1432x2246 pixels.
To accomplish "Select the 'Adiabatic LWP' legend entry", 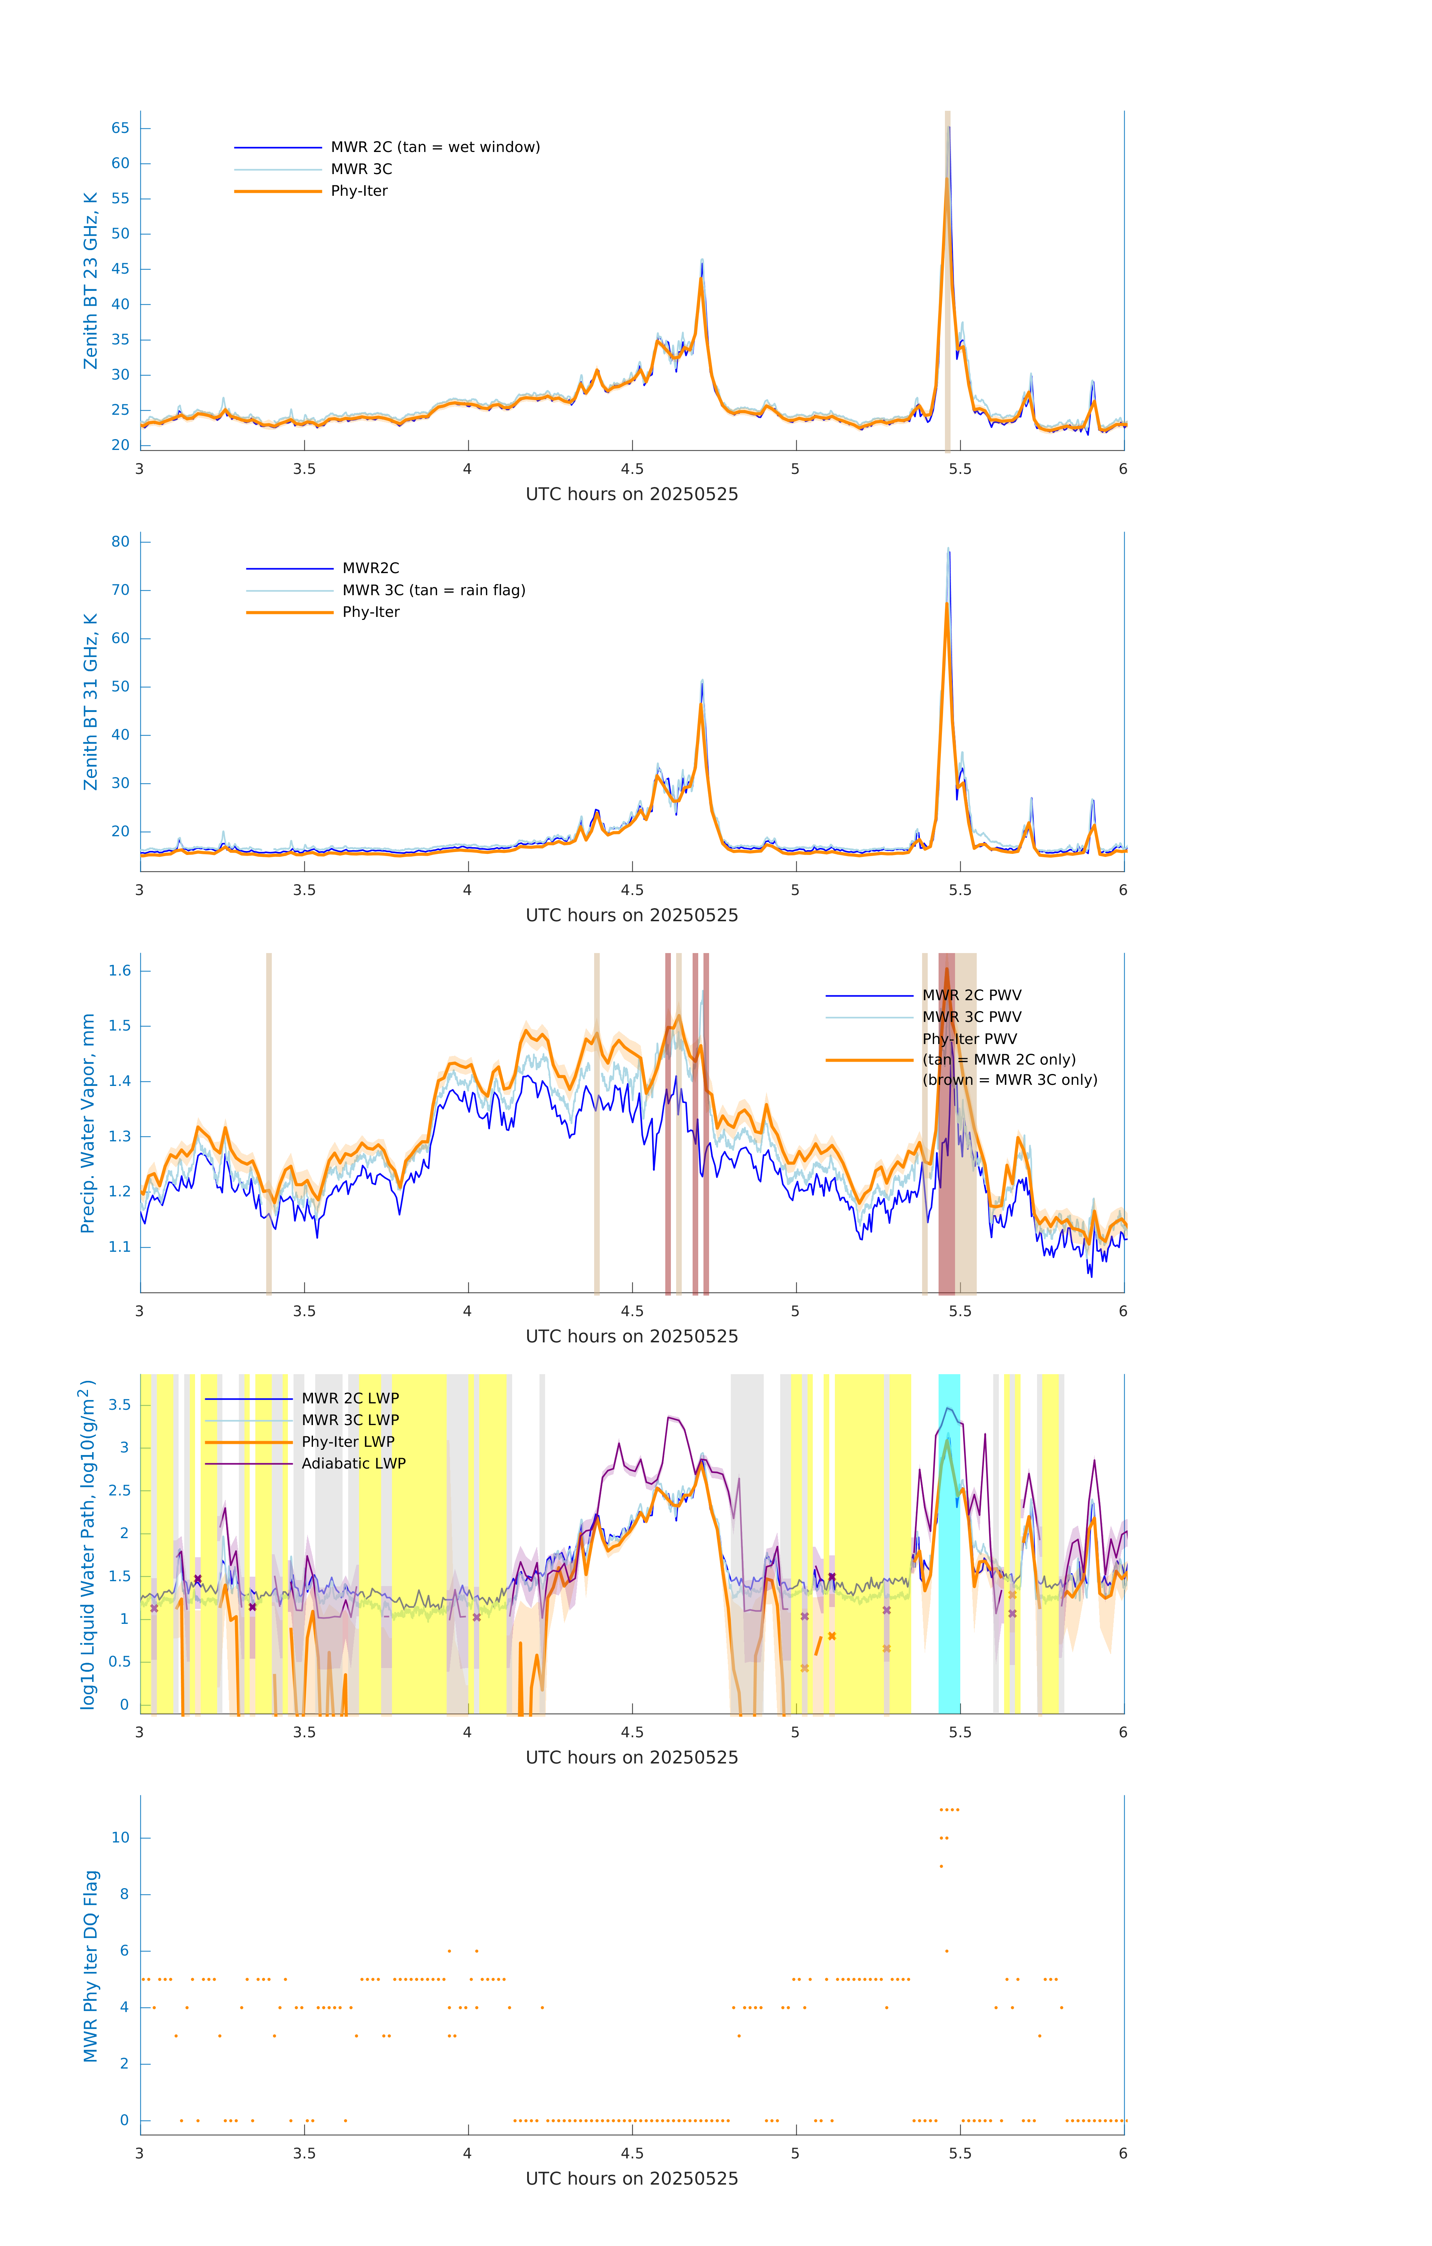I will coord(353,1463).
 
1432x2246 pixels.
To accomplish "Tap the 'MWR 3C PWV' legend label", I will coord(971,1017).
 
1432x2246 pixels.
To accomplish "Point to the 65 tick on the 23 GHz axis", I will coord(120,128).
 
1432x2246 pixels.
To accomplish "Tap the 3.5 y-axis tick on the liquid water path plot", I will coord(119,1404).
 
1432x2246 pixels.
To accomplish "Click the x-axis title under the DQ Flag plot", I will coord(632,2179).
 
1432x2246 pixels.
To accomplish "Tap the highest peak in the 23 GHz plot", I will coord(948,128).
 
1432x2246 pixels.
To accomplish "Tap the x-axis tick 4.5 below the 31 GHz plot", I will coord(632,890).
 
